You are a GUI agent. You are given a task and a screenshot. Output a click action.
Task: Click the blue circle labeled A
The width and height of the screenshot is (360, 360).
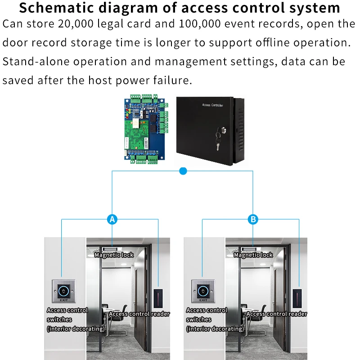[112, 220]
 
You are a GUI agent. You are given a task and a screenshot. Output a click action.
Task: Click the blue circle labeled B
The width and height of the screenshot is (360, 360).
[253, 220]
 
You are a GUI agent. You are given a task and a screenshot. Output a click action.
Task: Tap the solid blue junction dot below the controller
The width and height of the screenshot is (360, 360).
[183, 171]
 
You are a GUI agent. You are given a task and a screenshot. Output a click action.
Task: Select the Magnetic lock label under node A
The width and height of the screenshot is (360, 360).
[114, 255]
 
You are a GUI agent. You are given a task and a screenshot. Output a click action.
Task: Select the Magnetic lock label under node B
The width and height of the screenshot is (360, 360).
[253, 255]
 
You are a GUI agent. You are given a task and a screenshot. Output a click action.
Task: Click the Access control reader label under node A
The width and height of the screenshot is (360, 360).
[139, 314]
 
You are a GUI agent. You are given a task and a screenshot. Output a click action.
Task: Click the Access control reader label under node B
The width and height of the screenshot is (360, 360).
[277, 314]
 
